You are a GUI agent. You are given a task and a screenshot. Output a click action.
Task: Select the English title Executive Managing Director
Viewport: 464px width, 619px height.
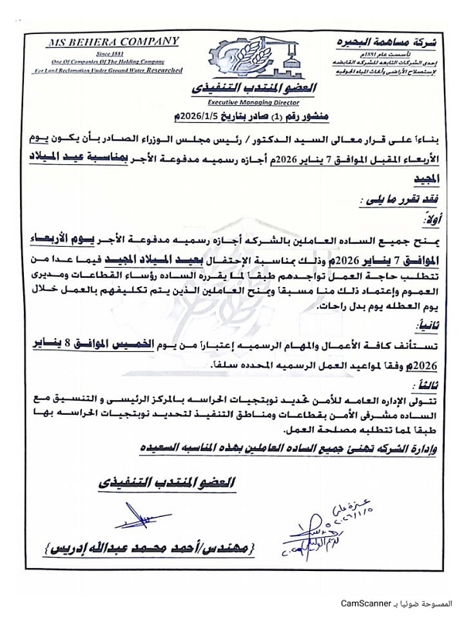click(x=233, y=101)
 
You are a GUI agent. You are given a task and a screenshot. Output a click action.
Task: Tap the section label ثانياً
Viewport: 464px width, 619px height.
click(x=420, y=328)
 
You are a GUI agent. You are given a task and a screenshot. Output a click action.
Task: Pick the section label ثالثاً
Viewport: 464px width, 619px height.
click(x=420, y=385)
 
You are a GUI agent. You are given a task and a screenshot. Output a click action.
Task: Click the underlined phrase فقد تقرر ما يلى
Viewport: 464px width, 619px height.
click(x=394, y=198)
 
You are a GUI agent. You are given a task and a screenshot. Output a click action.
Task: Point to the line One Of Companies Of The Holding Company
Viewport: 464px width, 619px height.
click(x=117, y=60)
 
